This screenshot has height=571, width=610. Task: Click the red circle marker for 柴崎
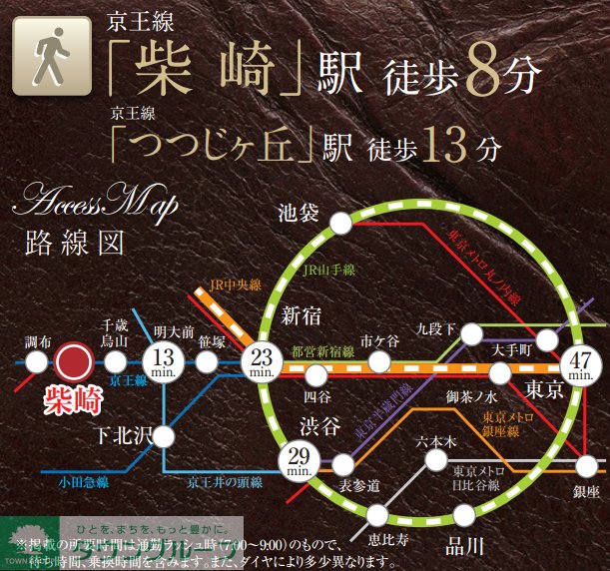[73, 361]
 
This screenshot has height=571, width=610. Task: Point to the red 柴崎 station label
[74, 400]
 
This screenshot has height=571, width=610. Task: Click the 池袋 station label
[298, 213]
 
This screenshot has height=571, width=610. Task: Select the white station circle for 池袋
[340, 223]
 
